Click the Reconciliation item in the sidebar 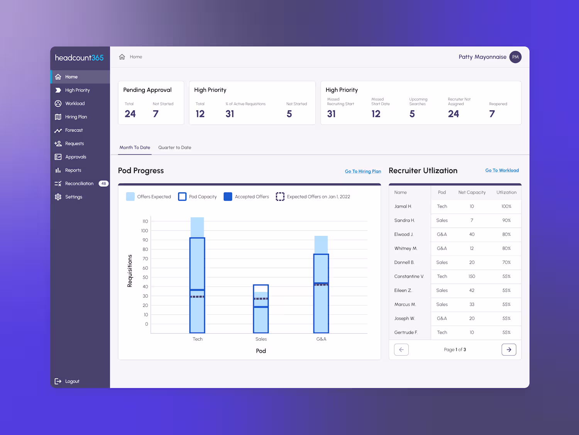point(79,184)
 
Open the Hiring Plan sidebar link point(76,117)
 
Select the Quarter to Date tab point(174,148)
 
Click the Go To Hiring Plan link point(363,171)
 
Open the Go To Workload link point(502,171)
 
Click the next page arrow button point(509,350)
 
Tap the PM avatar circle point(515,57)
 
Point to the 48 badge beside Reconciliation point(103,184)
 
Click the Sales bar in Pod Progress point(261,309)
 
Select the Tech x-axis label point(198,339)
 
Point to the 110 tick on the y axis point(145,222)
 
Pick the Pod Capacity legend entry point(197,197)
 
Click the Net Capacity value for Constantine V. point(472,276)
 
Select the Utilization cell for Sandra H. point(506,220)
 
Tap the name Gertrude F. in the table point(406,333)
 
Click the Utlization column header point(506,193)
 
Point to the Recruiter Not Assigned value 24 point(454,114)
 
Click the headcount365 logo point(79,58)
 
